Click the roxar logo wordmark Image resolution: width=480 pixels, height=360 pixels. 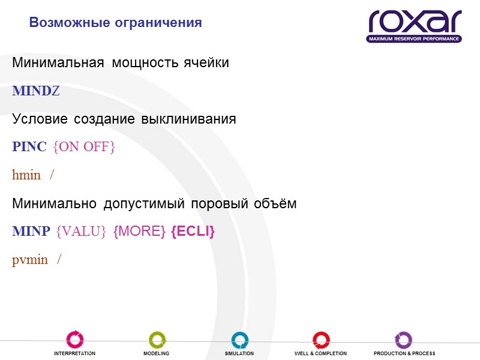[415, 21]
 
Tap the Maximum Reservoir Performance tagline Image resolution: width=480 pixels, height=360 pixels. [415, 39]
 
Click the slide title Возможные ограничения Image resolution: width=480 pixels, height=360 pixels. [115, 23]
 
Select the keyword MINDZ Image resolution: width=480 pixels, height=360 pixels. [36, 91]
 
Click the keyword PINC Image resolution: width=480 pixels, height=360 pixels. [29, 147]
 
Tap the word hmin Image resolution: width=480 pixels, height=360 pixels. [26, 175]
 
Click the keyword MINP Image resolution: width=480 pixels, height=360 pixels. [31, 232]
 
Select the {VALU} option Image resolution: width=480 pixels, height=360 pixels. [81, 232]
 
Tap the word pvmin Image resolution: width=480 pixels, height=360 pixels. [29, 260]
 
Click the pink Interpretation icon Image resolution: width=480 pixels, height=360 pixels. [75, 340]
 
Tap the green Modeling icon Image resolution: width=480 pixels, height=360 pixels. [157, 340]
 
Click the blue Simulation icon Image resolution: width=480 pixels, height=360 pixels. [239, 340]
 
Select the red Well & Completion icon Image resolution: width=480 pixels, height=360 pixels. [321, 340]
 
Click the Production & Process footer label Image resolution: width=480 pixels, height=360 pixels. [404, 353]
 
